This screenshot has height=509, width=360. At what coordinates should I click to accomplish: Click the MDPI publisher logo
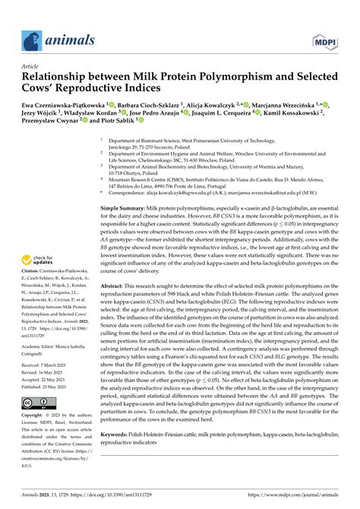[x=322, y=39]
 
